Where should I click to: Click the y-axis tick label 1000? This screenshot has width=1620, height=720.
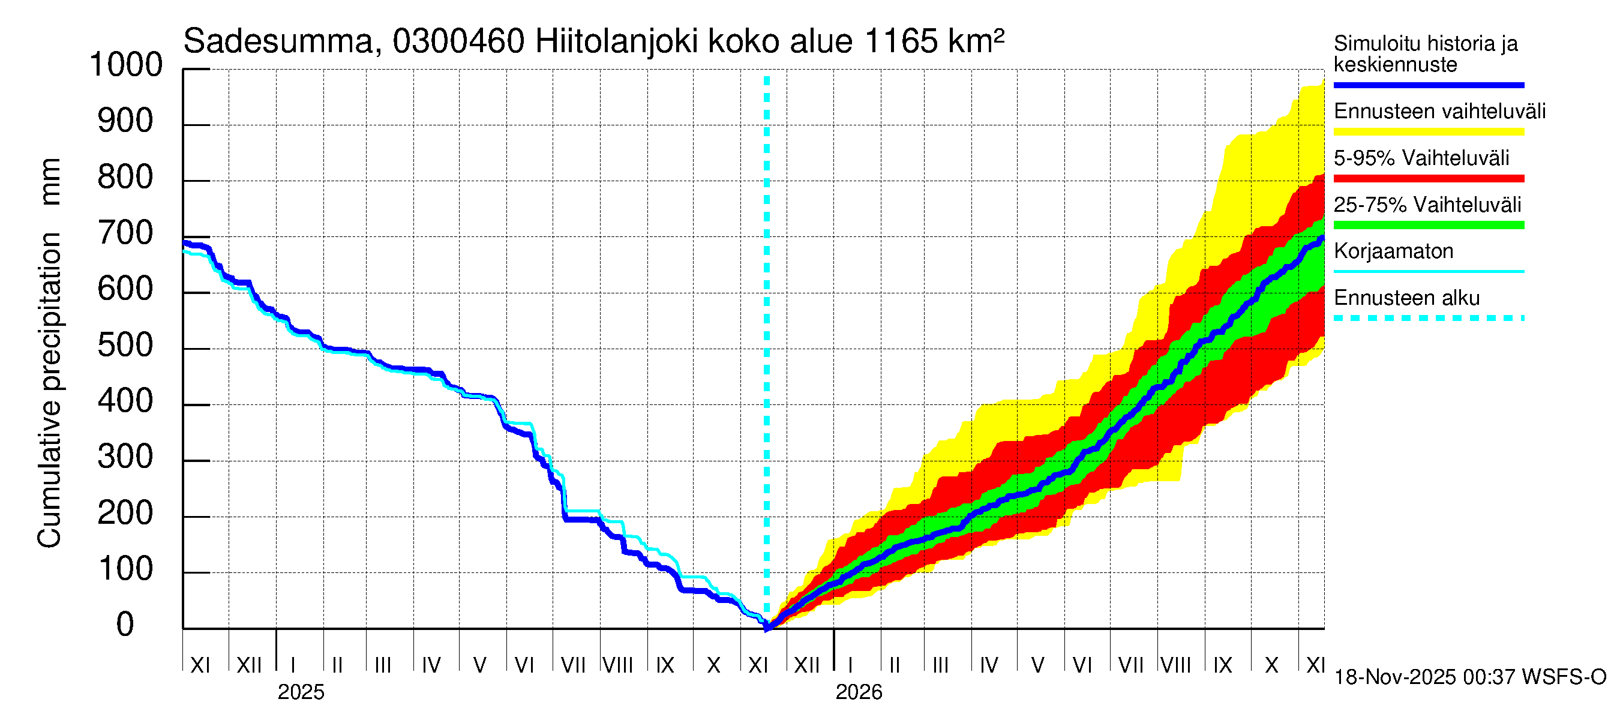click(126, 65)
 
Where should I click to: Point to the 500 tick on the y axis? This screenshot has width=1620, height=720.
click(126, 346)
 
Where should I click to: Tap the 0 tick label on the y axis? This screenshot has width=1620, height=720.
click(125, 625)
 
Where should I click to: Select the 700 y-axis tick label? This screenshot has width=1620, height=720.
click(126, 234)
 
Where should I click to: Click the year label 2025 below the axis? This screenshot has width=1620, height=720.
click(301, 692)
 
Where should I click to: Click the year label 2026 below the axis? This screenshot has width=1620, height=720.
click(859, 692)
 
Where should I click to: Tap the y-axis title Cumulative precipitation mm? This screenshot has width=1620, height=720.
click(49, 352)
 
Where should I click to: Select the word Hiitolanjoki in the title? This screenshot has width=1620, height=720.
click(616, 41)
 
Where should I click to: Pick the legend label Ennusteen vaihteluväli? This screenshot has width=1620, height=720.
click(1439, 112)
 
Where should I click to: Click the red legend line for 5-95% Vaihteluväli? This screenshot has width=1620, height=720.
click(1428, 179)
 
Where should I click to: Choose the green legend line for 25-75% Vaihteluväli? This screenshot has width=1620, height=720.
click(1428, 225)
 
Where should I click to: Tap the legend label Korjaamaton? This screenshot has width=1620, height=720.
click(1393, 251)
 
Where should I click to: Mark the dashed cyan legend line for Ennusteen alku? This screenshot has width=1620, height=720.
click(1428, 318)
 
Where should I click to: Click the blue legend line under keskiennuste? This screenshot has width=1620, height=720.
click(1428, 85)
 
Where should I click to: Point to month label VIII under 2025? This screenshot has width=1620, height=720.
click(617, 665)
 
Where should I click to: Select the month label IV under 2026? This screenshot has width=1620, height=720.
click(989, 665)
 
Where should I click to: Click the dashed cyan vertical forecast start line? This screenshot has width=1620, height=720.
click(767, 314)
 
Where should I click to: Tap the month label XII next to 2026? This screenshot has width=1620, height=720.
click(807, 665)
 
